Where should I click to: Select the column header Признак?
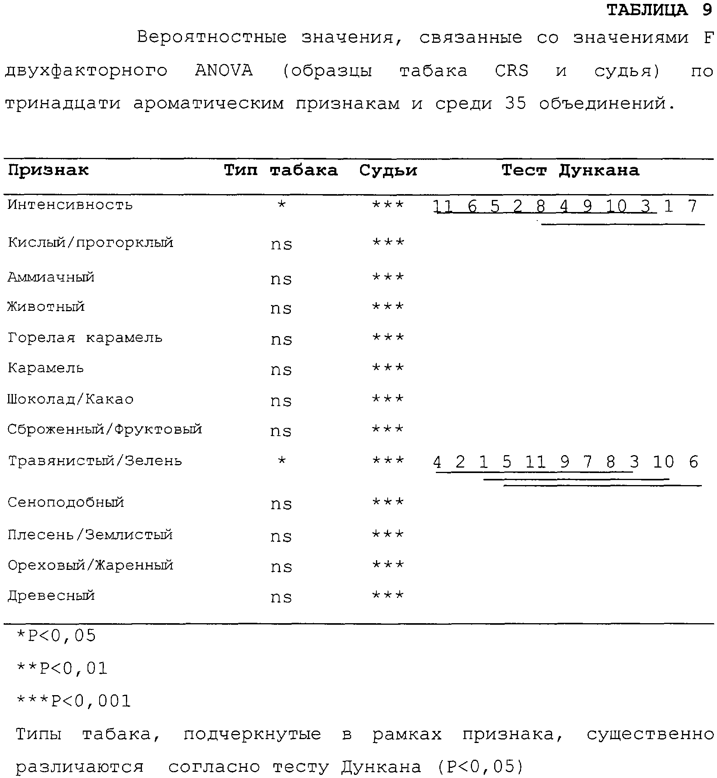pos(48,170)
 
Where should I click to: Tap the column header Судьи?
pos(388,170)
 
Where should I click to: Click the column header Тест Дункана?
pos(570,170)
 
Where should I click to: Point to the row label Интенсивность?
pos(70,205)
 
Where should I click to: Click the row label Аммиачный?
pos(51,277)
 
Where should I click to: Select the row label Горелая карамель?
pos(85,338)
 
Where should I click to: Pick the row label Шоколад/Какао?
pos(70,399)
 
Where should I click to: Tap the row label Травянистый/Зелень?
pos(95,461)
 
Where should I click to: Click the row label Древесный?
pos(51,596)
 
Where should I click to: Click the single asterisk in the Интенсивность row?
pos(282,205)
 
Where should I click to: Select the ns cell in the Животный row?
pos(281,308)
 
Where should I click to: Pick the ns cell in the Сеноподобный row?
pos(281,504)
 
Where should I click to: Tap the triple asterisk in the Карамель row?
pos(388,368)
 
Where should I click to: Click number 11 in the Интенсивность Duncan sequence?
pos(443,206)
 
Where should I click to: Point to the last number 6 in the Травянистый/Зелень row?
pos(693,462)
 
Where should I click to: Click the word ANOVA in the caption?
pos(224,71)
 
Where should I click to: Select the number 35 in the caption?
pos(516,103)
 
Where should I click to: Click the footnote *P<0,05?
pos(56,636)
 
